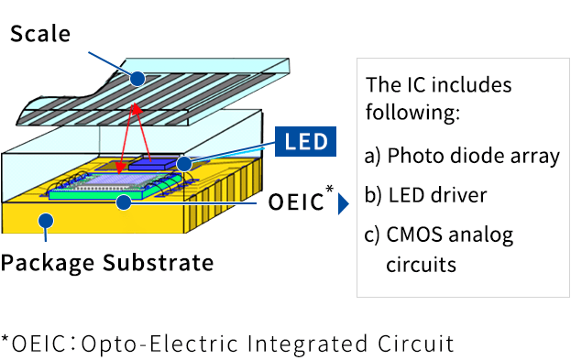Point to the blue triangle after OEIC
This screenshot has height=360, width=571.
pyautogui.click(x=344, y=202)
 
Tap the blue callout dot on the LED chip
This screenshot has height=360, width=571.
pyautogui.click(x=184, y=163)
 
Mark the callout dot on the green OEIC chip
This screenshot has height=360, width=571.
pyautogui.click(x=135, y=202)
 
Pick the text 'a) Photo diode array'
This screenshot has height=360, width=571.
pyautogui.click(x=462, y=155)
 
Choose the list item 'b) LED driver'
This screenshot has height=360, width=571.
pyautogui.click(x=425, y=195)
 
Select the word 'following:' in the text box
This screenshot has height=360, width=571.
pyautogui.click(x=412, y=115)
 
